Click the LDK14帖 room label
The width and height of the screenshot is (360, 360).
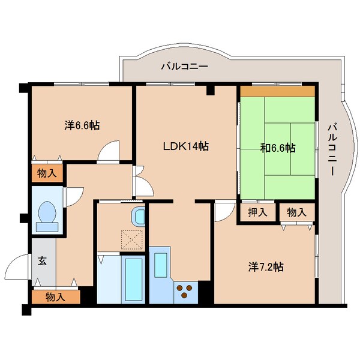(186, 146)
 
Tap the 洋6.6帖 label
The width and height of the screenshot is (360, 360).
(82, 125)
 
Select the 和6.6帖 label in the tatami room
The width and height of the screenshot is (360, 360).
(278, 148)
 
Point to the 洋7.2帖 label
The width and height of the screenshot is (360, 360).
(266, 267)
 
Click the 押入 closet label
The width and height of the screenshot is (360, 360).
(257, 212)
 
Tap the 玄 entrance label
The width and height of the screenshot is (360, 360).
(42, 261)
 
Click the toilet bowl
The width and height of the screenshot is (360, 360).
(47, 217)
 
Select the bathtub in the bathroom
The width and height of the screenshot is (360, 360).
(133, 280)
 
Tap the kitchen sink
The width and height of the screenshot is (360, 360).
(161, 265)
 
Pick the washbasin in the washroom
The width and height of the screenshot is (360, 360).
(138, 216)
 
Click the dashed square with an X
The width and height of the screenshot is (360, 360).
(132, 240)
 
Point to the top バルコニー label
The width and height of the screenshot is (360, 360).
(185, 67)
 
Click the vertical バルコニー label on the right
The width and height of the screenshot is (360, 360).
(332, 149)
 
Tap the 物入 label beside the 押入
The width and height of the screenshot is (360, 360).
(296, 212)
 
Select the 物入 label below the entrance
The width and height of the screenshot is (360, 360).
(56, 297)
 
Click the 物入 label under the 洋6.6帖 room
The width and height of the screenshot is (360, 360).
(47, 173)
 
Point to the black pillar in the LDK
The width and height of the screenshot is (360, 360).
(211, 90)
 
